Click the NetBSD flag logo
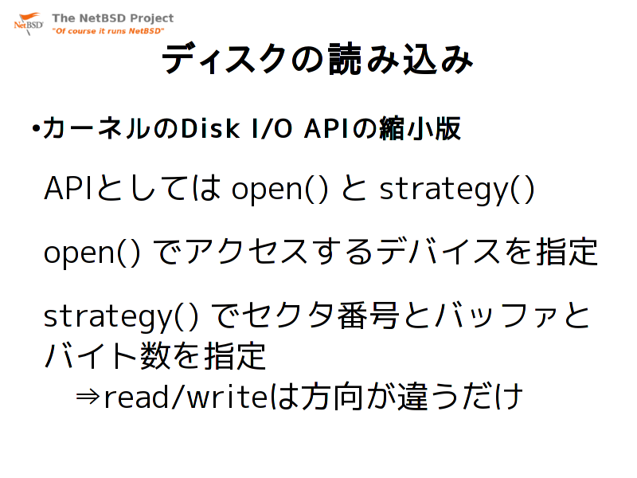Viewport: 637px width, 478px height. click(29, 24)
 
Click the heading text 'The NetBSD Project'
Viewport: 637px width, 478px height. click(112, 18)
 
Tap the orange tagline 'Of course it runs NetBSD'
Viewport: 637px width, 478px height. click(107, 31)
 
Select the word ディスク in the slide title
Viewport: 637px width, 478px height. click(225, 59)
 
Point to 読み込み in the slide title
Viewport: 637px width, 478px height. click(401, 59)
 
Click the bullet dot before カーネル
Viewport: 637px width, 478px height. click(36, 129)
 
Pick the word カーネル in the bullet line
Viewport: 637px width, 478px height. click(96, 128)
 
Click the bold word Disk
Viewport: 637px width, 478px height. click(210, 128)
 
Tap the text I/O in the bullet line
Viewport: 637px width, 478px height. click(272, 129)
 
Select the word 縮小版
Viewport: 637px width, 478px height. click(420, 128)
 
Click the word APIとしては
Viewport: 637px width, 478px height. click(132, 188)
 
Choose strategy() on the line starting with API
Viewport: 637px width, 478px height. click(456, 190)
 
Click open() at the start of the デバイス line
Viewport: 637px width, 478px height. click(92, 253)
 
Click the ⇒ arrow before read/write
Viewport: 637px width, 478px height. click(88, 396)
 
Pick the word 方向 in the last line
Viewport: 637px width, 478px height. click(331, 396)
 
